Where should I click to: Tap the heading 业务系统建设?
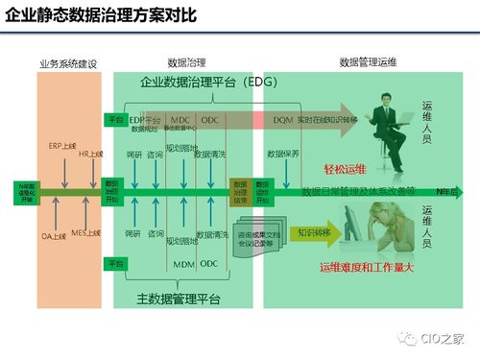[68, 62]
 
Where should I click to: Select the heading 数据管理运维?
[369, 62]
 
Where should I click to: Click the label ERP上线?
[61, 146]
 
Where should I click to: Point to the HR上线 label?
[90, 154]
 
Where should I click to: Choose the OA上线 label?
[54, 234]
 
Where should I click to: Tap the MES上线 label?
[87, 232]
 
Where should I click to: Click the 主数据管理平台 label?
[180, 300]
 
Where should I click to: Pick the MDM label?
[183, 263]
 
